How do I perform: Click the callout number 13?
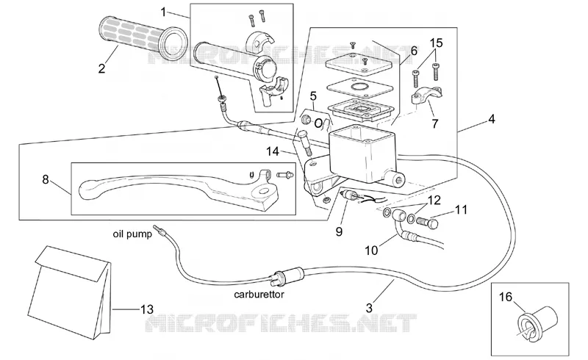click(x=147, y=309)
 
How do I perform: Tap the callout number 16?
click(x=506, y=297)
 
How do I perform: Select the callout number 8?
click(x=46, y=179)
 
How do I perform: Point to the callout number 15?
click(x=436, y=43)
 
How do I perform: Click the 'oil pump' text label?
click(x=132, y=234)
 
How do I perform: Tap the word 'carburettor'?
click(x=259, y=295)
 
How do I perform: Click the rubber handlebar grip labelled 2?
click(x=143, y=39)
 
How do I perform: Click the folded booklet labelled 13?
click(x=73, y=292)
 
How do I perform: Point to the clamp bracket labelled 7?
click(x=426, y=95)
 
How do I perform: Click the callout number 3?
click(x=370, y=308)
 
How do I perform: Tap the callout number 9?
click(x=339, y=231)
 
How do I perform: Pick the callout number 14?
click(x=273, y=151)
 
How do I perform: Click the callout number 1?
click(x=163, y=12)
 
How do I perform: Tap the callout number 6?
click(x=414, y=51)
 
